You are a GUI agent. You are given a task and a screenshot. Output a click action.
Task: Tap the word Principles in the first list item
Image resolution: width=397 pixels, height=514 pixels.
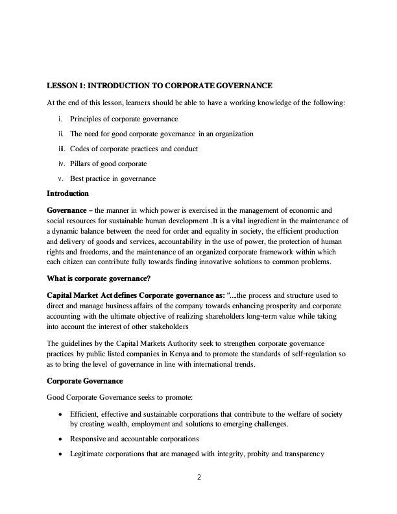[86, 119]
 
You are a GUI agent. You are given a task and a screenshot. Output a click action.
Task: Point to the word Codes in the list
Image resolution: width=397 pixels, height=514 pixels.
[80, 149]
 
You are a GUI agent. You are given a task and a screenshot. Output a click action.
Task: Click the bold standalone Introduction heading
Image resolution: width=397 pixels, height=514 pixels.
[67, 193]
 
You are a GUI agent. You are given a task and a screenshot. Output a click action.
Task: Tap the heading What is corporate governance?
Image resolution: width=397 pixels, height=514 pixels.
[99, 278]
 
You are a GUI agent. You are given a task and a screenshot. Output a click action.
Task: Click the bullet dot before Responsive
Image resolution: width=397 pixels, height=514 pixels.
[61, 439]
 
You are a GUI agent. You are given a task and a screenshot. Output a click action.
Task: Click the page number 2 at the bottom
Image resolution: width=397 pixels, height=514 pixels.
[199, 478]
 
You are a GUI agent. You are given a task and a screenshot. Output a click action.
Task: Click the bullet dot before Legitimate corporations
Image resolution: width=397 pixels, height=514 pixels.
[61, 454]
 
